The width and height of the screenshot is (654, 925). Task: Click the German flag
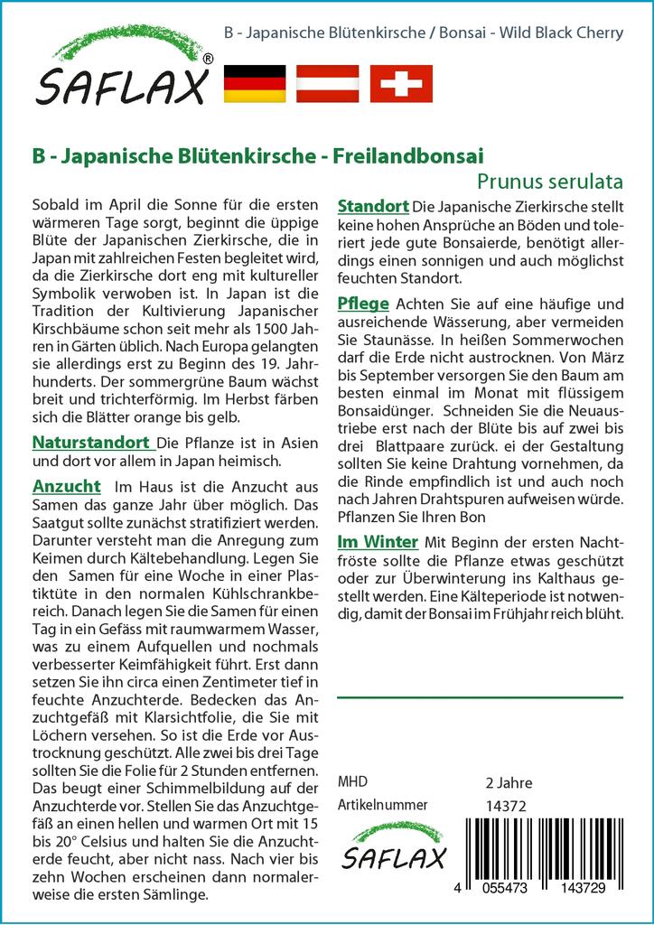point(254,84)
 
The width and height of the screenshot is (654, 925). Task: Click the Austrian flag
point(328,84)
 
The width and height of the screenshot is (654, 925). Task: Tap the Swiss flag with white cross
point(401,84)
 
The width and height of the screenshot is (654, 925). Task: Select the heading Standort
point(373,206)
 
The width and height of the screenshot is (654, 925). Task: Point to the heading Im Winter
point(377,542)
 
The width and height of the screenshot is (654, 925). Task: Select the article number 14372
point(505,806)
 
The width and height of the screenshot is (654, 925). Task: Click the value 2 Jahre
point(509,782)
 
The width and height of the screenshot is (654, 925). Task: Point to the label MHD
point(352,782)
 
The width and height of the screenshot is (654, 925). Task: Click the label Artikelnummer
point(381,805)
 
